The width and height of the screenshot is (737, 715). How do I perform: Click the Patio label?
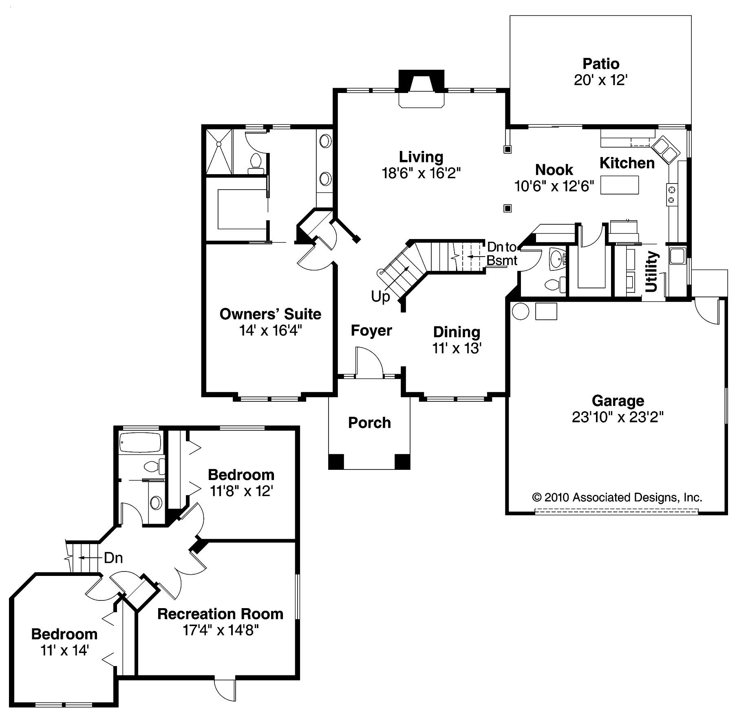[600, 64]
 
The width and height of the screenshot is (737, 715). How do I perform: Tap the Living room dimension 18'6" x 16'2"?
[421, 173]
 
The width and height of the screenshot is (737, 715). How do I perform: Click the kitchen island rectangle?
[619, 185]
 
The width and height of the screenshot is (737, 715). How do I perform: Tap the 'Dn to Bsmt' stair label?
[502, 253]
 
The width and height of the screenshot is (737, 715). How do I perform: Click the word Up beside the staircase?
[380, 297]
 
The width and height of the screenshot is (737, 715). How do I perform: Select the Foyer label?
[371, 330]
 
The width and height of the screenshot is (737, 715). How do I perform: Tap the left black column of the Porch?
[336, 461]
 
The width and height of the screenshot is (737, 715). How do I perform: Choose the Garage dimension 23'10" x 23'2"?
[618, 417]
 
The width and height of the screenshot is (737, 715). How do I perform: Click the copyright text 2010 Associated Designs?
[617, 497]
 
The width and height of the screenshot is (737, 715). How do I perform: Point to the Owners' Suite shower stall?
[218, 151]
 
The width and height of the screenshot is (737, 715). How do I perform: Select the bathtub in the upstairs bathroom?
[140, 442]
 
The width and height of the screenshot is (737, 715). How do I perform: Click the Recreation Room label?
[220, 614]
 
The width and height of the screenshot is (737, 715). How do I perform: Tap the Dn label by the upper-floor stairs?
[113, 558]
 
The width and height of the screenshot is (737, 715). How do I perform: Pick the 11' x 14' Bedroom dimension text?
[64, 650]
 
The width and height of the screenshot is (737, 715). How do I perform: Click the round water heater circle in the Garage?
[520, 312]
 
